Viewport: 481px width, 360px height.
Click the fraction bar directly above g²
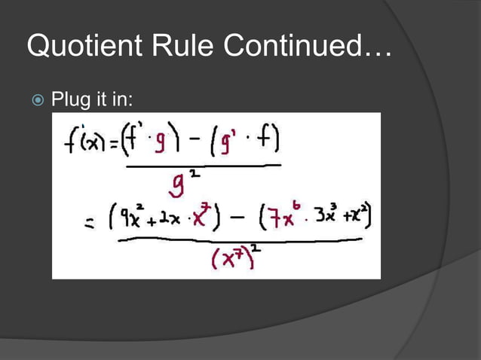pos(201,165)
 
